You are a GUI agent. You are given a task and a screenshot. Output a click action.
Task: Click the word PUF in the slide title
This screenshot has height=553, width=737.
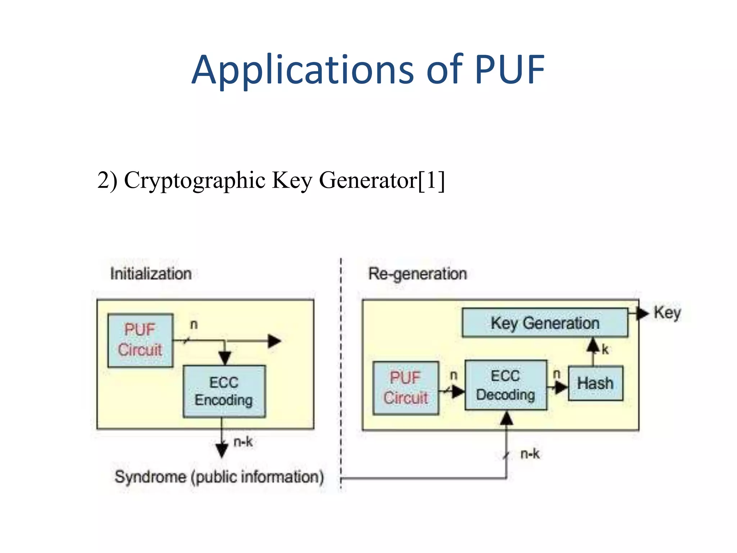(x=509, y=69)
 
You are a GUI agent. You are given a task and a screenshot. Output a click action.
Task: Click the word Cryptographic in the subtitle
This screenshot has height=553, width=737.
(x=194, y=180)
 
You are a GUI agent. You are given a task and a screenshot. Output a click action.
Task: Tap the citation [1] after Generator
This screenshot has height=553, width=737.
(x=431, y=180)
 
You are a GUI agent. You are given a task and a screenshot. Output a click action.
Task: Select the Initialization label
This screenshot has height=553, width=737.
(x=151, y=274)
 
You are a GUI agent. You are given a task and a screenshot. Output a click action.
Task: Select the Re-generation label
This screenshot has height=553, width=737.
(x=417, y=274)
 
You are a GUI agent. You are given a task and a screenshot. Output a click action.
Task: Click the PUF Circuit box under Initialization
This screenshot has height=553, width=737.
(x=140, y=340)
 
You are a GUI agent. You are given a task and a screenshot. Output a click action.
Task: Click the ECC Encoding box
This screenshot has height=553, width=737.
(x=224, y=391)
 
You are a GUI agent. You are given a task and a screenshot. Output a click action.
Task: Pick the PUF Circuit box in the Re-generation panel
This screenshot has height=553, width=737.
(x=406, y=388)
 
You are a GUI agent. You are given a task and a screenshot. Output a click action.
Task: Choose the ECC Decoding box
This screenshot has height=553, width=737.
(x=506, y=385)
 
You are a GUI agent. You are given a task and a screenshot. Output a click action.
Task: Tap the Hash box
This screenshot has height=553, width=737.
(x=596, y=383)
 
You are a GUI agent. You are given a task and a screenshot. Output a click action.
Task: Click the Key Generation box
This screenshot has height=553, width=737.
(x=545, y=323)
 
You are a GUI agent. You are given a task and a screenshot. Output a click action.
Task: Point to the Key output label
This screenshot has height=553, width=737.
(x=667, y=313)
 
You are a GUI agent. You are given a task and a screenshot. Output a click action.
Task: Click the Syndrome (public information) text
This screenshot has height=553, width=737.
(x=219, y=477)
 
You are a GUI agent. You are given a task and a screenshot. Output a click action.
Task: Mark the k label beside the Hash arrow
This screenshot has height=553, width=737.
(x=605, y=349)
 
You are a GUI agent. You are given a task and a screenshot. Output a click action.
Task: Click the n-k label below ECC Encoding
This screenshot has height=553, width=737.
(x=243, y=442)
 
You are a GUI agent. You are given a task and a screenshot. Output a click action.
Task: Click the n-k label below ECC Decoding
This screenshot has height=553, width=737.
(x=530, y=454)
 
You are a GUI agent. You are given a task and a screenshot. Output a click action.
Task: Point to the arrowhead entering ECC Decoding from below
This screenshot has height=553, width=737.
(x=507, y=418)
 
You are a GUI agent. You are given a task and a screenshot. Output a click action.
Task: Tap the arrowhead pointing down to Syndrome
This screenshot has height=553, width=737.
(x=222, y=450)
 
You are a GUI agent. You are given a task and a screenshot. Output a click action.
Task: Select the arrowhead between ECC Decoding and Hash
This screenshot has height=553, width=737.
(x=561, y=387)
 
